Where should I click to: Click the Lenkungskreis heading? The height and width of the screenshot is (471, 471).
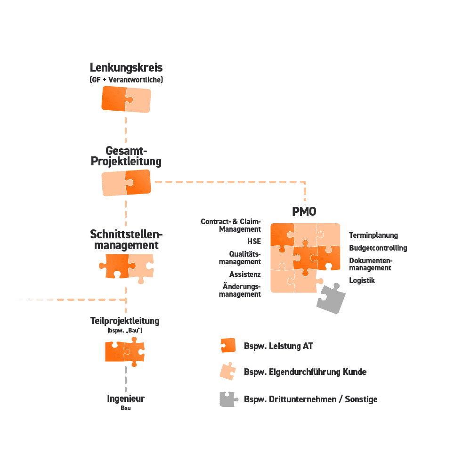click(x=126, y=67)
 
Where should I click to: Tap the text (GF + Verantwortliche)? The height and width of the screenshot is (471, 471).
click(x=126, y=80)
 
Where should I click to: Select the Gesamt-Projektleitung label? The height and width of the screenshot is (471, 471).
click(x=126, y=156)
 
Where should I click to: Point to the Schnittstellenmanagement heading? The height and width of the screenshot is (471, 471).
click(x=126, y=240)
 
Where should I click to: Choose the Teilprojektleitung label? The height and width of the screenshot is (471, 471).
click(x=125, y=321)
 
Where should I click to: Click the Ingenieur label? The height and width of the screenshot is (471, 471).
click(x=126, y=399)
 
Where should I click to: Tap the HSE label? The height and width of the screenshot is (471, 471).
click(x=253, y=242)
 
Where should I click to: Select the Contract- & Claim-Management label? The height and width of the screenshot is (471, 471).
click(x=231, y=225)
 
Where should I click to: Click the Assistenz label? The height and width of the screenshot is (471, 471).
click(x=245, y=274)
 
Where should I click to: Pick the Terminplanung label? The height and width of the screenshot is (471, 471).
click(x=374, y=235)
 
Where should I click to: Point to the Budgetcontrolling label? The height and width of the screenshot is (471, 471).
click(x=378, y=248)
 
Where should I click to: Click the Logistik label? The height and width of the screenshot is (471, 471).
click(x=362, y=280)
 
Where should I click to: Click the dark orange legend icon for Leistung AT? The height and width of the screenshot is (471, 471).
click(x=228, y=346)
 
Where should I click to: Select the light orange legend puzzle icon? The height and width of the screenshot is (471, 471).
click(x=227, y=372)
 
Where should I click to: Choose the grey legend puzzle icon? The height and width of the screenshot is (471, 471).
click(x=227, y=399)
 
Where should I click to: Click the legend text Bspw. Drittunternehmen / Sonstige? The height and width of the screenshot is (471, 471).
click(x=311, y=399)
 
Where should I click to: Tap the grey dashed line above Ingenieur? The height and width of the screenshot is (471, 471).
click(x=126, y=379)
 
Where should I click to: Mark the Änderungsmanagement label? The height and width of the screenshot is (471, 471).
click(x=242, y=290)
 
